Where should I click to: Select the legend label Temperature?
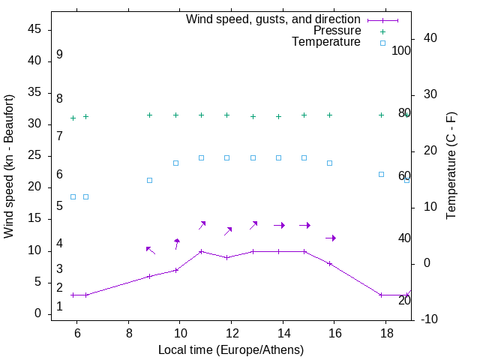coord(325,42)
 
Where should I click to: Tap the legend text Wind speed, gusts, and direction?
coord(273,19)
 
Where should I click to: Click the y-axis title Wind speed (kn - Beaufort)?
coord(9,166)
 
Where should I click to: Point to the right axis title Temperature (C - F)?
coord(451,166)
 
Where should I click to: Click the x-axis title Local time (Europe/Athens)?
coord(231,349)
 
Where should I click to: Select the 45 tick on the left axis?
coord(34,28)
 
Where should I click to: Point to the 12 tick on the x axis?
coord(231,332)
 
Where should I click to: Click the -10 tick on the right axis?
coord(430,319)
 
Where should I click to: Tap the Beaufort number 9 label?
coord(59,55)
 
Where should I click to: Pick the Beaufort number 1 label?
coord(59,307)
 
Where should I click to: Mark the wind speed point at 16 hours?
coord(329,263)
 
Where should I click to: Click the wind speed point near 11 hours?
coord(201,251)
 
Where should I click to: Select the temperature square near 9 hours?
coord(149,180)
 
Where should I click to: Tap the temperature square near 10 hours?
coord(175,163)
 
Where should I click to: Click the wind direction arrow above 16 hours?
coord(330,238)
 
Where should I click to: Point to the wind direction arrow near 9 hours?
coord(150,250)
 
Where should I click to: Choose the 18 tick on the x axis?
coord(385,332)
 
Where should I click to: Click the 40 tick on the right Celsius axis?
coord(430,38)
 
